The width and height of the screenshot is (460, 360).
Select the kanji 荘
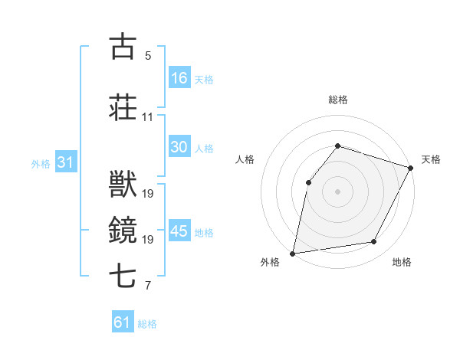tap(123, 108)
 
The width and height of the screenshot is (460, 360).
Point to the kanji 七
tap(123, 275)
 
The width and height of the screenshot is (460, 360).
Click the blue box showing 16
tap(179, 78)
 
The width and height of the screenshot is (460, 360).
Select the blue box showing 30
tap(179, 148)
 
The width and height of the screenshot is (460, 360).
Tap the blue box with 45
tap(179, 232)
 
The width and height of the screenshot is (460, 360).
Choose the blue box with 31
tap(65, 163)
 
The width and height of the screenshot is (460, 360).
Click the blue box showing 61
tap(123, 322)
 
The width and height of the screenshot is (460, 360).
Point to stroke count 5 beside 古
tap(148, 56)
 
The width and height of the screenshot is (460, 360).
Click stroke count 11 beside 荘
tap(147, 117)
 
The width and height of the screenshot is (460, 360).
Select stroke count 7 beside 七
tap(148, 286)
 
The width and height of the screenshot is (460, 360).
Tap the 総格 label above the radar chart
tap(338, 100)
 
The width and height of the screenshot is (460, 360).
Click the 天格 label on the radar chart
tap(431, 159)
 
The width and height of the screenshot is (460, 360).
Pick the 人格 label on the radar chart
tap(245, 159)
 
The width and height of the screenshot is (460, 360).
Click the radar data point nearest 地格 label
tap(374, 241)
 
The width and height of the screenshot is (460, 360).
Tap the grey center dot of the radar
tap(337, 191)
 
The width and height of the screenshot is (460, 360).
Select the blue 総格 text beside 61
tap(147, 324)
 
